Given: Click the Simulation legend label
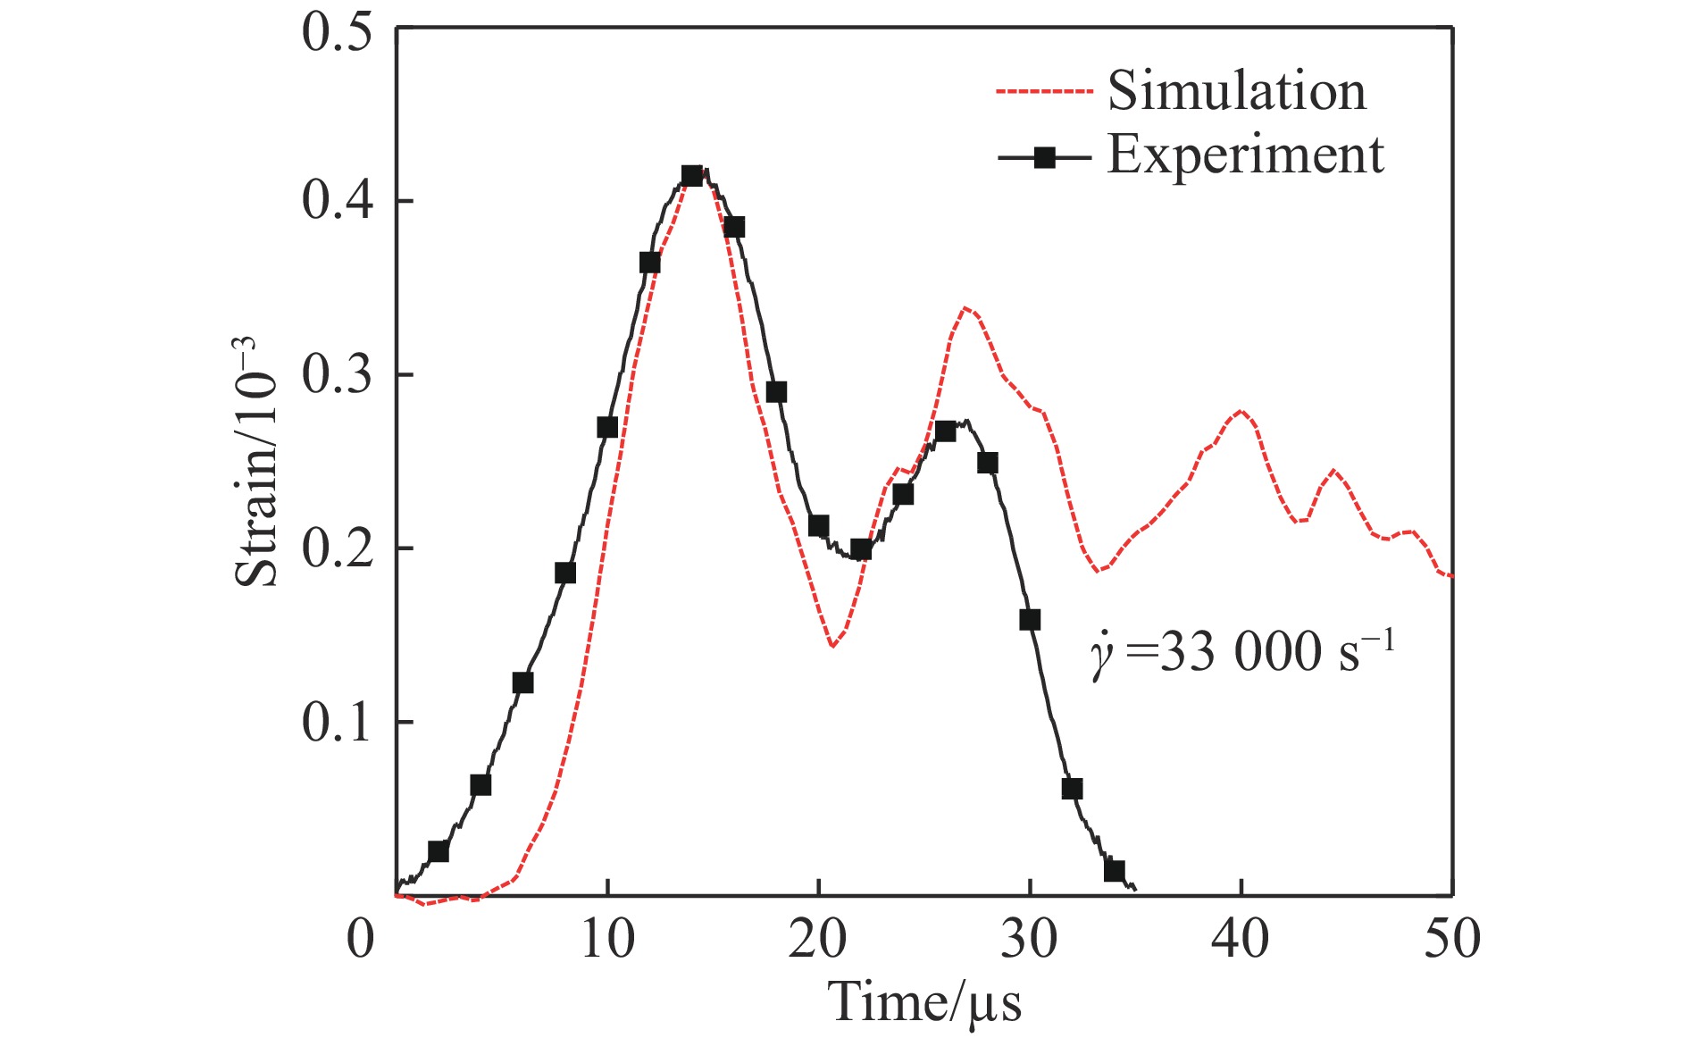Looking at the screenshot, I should [1237, 91].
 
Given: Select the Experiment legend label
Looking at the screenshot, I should [1246, 155].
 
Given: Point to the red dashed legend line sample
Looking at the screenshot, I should [1044, 92].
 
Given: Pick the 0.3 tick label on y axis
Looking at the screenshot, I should [337, 375].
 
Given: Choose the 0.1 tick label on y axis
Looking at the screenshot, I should [337, 723].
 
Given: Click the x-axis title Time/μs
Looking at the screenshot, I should [925, 1002].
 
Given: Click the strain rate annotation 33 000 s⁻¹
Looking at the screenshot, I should [1241, 653].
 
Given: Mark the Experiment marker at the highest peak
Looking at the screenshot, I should [691, 176].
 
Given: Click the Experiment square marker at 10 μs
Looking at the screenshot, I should [607, 428].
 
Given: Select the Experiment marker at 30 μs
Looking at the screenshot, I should [1030, 620].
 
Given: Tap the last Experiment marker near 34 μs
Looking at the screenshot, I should [1114, 871].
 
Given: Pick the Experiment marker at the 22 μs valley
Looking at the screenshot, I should [860, 549].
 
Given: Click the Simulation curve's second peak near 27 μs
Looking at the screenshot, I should [965, 309].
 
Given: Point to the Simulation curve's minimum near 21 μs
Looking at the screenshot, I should [831, 644].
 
